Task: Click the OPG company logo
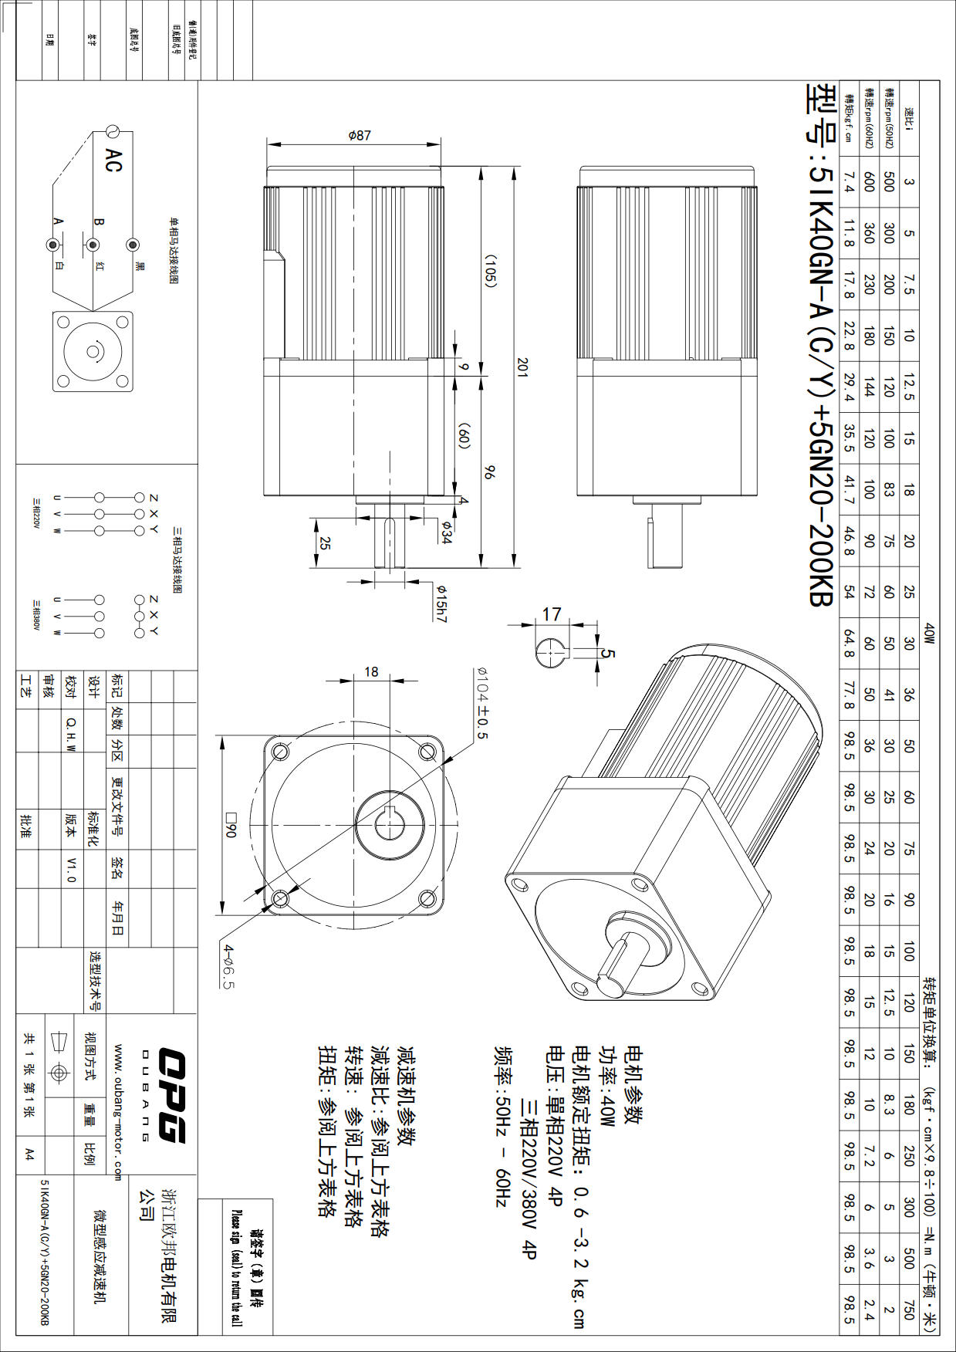pos(171,1094)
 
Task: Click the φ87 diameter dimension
pos(360,136)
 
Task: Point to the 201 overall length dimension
pos(522,366)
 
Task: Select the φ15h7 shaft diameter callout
pos(441,603)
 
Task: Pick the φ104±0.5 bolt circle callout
pos(482,701)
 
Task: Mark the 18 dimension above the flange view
pos(371,672)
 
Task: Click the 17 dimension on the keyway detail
pos(551,614)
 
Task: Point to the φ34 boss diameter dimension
pos(446,532)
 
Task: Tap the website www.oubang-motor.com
pos(118,1112)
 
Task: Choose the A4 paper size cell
pos(29,1154)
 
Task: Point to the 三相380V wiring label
pos(35,615)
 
